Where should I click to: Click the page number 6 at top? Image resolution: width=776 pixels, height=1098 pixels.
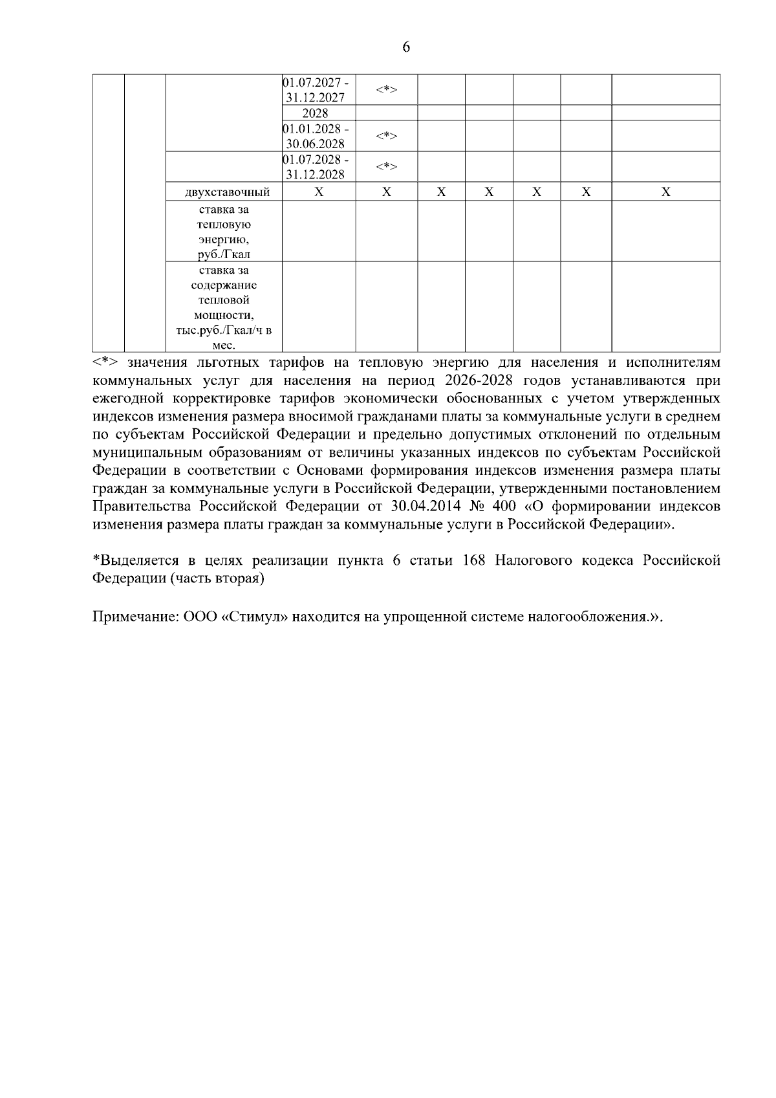pos(406,48)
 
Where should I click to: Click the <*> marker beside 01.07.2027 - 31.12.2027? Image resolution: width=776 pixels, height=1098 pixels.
pos(386,90)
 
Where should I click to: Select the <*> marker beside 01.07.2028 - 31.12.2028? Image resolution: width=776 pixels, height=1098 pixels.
pos(386,166)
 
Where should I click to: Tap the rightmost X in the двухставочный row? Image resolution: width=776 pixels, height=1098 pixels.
pos(665,192)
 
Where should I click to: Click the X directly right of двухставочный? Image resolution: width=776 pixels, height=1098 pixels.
pos(319,192)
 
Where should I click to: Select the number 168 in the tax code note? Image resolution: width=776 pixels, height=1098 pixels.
pos(475,561)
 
